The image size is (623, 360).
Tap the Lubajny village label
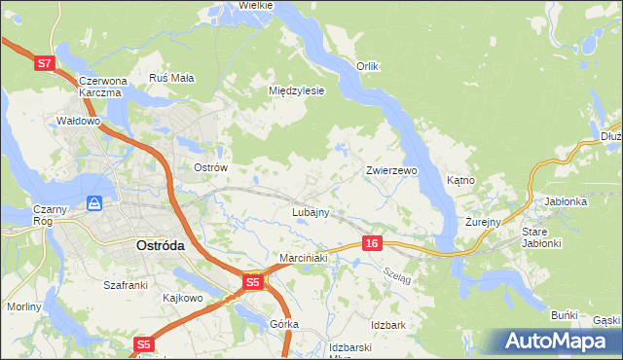point(311,211)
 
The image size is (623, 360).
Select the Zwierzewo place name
point(391,170)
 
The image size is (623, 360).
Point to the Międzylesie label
point(295,90)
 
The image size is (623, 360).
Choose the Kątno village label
point(459,180)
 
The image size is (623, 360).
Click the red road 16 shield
point(373,243)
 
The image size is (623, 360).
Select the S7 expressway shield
point(44,63)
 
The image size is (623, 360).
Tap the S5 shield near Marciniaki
point(252,282)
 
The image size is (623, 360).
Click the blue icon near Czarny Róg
point(94,203)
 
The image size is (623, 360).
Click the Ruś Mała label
point(172,78)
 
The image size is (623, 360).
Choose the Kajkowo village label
point(182,297)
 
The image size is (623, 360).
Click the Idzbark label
point(387,324)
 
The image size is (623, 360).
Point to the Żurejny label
point(482,222)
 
